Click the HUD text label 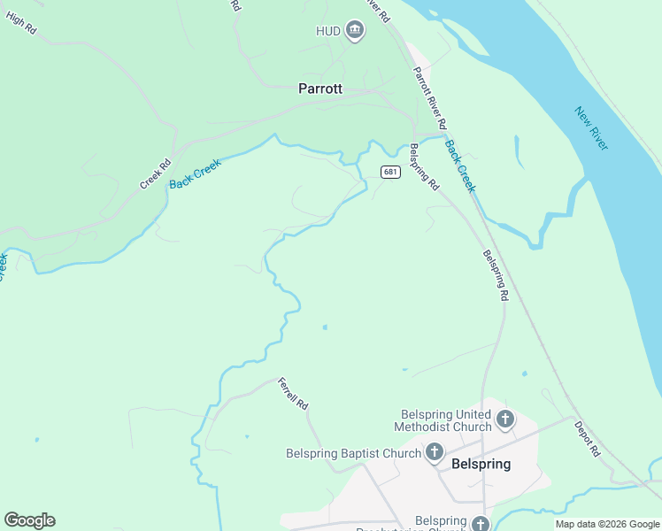[328, 31]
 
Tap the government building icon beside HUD [355, 31]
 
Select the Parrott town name [320, 88]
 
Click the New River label [590, 128]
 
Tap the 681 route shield [390, 172]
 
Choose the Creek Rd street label [154, 173]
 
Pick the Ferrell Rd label [292, 394]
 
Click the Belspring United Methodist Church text [446, 420]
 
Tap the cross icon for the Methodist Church [505, 419]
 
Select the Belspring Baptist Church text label [354, 454]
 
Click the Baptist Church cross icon [435, 453]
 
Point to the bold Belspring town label [481, 464]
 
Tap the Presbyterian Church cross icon [480, 524]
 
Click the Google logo [29, 520]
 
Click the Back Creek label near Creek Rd [195, 171]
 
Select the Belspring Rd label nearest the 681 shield [424, 167]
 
